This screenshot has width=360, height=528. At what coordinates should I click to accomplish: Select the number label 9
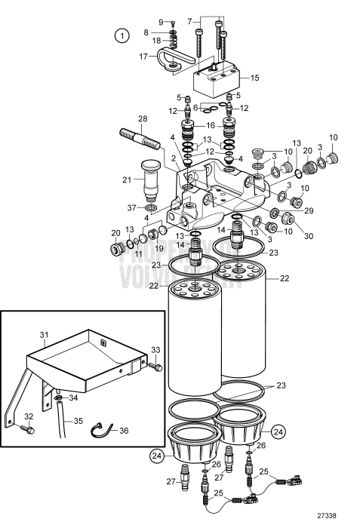(161, 20)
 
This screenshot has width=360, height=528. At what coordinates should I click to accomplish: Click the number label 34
(73, 398)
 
